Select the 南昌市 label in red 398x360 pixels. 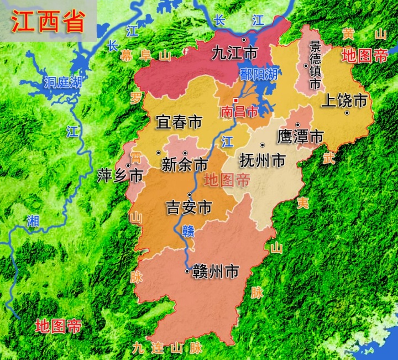coord(239,111)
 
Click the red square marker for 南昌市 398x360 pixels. coord(235,100)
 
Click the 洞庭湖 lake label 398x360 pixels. coord(63,83)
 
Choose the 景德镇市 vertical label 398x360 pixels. coord(315,65)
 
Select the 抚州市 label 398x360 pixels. coord(263,160)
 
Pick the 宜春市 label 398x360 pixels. coord(179,122)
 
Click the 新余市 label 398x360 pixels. coord(185,164)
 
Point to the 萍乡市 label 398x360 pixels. coord(120,176)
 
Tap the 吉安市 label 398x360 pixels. coord(189,207)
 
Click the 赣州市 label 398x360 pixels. coord(216,272)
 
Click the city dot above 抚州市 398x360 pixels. coord(262,145)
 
